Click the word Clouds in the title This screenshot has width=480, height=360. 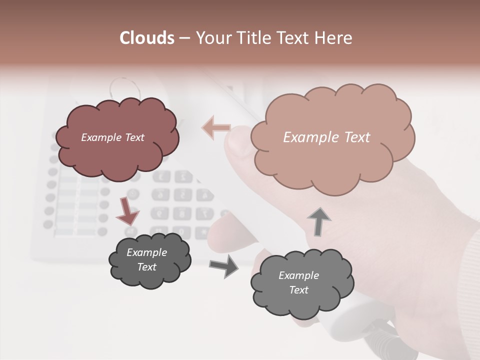(147, 38)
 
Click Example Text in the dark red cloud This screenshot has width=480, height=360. (113, 137)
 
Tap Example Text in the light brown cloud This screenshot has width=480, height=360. (326, 137)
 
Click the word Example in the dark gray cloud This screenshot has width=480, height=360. (146, 252)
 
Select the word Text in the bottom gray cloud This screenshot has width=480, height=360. (298, 290)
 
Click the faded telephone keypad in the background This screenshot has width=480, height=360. (180, 200)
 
